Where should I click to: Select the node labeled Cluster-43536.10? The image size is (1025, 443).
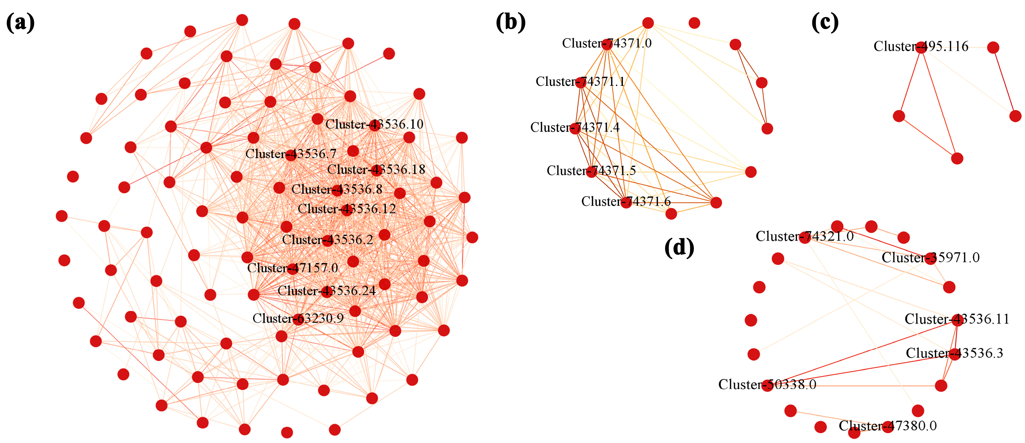click(374, 125)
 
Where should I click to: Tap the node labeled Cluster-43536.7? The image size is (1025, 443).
click(291, 155)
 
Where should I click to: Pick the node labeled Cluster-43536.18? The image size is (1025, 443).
click(376, 170)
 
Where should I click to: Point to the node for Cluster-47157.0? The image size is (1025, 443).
click(293, 269)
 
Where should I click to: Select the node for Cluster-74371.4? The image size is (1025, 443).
click(575, 128)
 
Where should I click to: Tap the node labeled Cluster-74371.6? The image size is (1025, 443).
click(626, 202)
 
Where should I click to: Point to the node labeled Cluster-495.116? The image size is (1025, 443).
click(921, 47)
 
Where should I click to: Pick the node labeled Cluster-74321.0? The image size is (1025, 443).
click(805, 237)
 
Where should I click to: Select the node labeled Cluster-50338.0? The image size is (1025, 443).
click(767, 385)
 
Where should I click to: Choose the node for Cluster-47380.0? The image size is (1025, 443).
click(888, 427)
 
